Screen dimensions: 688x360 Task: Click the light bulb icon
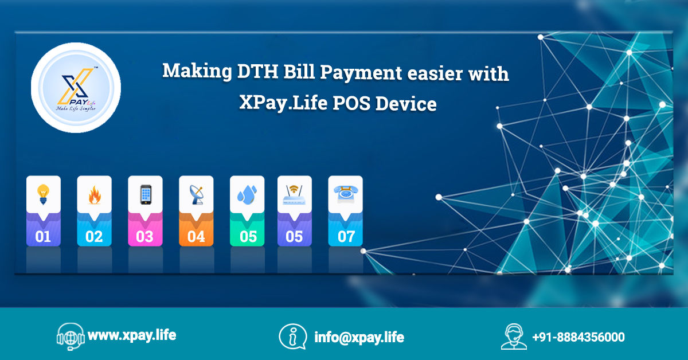coord(44,194)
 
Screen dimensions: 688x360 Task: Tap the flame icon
coord(94,195)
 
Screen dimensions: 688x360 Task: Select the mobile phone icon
coord(146,194)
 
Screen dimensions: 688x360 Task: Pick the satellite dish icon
coord(196,195)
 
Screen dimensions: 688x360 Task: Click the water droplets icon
coord(247,195)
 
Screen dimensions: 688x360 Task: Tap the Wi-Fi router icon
coord(294,195)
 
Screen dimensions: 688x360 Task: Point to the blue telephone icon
coord(346,194)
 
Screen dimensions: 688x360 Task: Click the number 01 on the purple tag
coord(42,237)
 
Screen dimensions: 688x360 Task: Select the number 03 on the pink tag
coord(144,237)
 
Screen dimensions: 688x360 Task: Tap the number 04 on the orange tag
coord(196,237)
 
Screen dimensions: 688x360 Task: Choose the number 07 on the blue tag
coord(346,237)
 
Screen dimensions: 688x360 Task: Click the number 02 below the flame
coord(94,237)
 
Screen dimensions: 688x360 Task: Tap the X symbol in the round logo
coord(76,86)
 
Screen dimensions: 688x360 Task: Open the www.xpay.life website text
coord(132,335)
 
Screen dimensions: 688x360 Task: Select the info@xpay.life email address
coord(359,337)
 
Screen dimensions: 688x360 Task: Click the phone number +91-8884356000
coord(578,337)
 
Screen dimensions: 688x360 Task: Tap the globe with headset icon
coord(71,336)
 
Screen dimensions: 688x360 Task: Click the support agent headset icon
coord(514,336)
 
